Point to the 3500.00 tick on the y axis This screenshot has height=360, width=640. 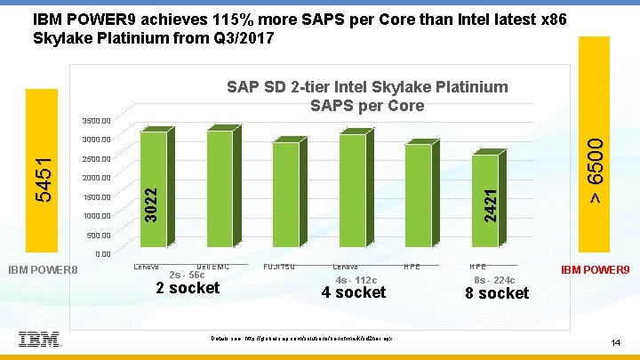click(x=95, y=120)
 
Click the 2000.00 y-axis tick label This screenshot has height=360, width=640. click(x=95, y=178)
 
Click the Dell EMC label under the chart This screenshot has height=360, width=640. click(x=213, y=266)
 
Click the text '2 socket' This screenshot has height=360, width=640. click(x=188, y=288)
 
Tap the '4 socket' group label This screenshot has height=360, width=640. click(x=354, y=292)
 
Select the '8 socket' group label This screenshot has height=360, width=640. click(x=496, y=293)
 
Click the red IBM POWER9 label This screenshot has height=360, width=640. click(x=595, y=268)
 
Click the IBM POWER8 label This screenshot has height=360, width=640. click(x=44, y=268)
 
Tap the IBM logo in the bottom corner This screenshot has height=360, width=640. click(x=39, y=339)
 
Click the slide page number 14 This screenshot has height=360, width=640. click(x=614, y=342)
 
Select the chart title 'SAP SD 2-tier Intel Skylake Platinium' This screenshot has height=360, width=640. click(x=367, y=87)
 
